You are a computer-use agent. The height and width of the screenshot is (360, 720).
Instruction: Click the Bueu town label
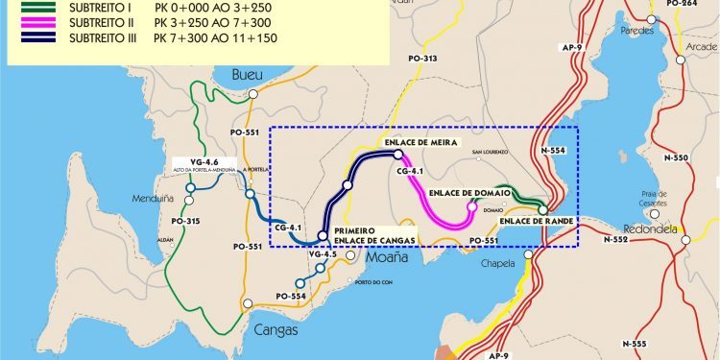pos(247,74)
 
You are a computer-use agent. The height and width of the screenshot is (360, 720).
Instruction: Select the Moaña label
pos(386,258)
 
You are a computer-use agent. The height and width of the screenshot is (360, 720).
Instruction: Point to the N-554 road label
pos(554,151)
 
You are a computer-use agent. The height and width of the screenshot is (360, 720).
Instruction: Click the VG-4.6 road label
pos(205,161)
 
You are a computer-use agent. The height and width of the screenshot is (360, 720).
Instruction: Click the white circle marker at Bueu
pos(253,94)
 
